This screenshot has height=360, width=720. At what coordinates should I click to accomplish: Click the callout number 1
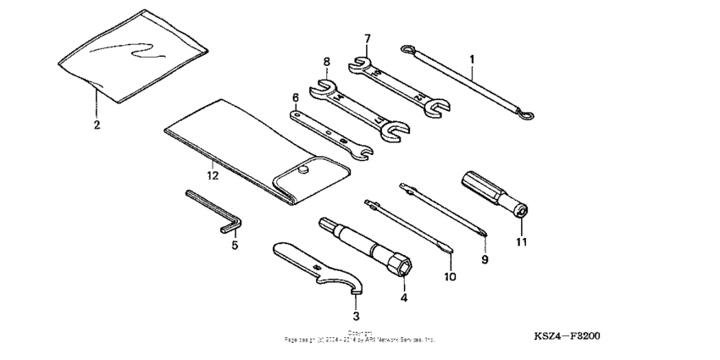pyautogui.click(x=472, y=59)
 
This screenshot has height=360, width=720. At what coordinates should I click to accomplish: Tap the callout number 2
pyautogui.click(x=97, y=125)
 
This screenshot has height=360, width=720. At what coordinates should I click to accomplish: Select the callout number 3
pyautogui.click(x=356, y=315)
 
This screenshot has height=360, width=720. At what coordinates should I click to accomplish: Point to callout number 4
pyautogui.click(x=404, y=297)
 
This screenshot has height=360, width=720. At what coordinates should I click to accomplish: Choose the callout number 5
pyautogui.click(x=235, y=246)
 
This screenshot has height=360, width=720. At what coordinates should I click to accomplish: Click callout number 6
pyautogui.click(x=296, y=97)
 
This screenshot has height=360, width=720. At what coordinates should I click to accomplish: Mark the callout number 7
pyautogui.click(x=368, y=39)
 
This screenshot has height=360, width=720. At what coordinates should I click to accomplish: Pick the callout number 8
pyautogui.click(x=326, y=61)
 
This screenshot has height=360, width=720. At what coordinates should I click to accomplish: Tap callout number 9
pyautogui.click(x=485, y=259)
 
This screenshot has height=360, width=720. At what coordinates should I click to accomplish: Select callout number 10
pyautogui.click(x=450, y=276)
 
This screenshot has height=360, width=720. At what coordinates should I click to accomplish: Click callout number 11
pyautogui.click(x=522, y=241)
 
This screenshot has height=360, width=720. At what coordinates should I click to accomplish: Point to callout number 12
pyautogui.click(x=213, y=175)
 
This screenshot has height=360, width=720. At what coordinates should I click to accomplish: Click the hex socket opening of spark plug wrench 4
pyautogui.click(x=403, y=269)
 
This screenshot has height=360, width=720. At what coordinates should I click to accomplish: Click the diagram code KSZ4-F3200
pyautogui.click(x=567, y=335)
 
